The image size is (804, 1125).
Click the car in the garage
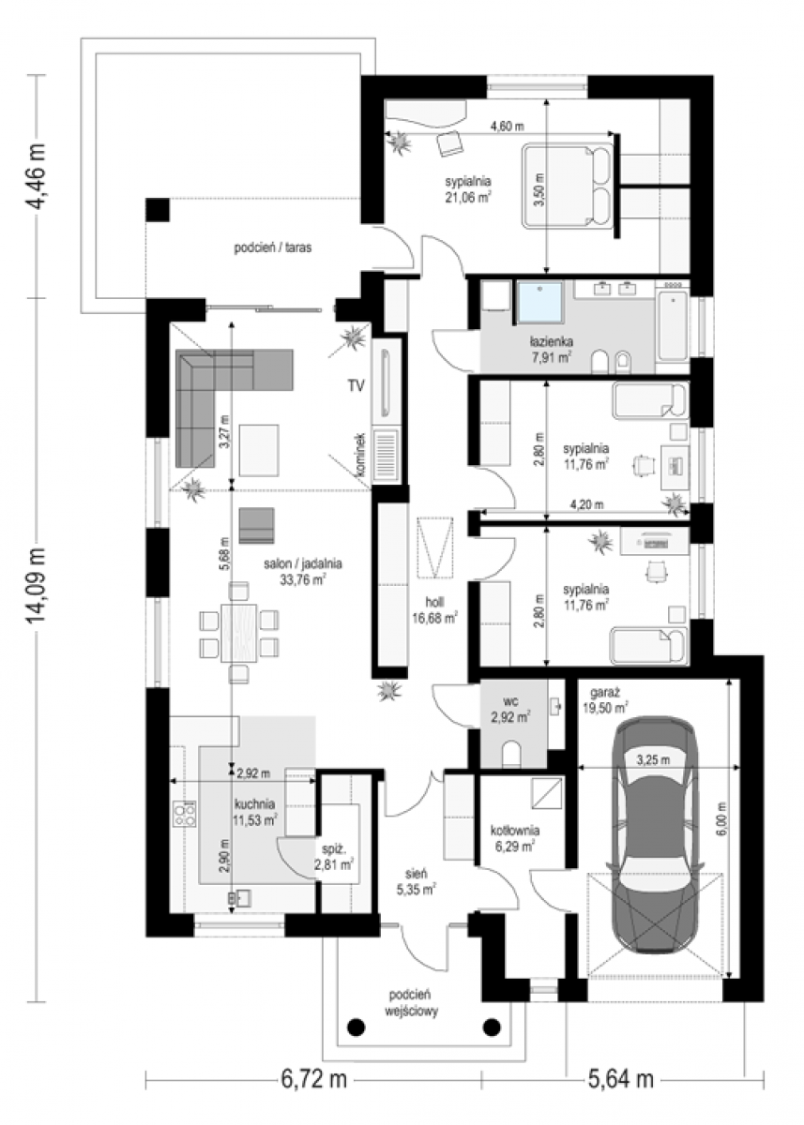point(654,835)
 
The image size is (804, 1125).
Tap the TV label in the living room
point(356,385)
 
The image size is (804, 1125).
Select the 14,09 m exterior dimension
point(37,585)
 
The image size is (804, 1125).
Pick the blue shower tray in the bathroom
point(540,302)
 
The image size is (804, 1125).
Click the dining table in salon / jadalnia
point(238,633)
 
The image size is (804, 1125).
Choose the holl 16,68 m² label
point(434,610)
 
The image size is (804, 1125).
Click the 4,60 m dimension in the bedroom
point(507,126)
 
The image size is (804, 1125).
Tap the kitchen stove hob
point(184,814)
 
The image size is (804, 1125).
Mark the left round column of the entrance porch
point(356,1026)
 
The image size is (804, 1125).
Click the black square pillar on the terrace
point(158,210)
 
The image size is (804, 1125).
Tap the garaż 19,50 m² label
point(605,700)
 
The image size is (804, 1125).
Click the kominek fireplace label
point(361,456)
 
